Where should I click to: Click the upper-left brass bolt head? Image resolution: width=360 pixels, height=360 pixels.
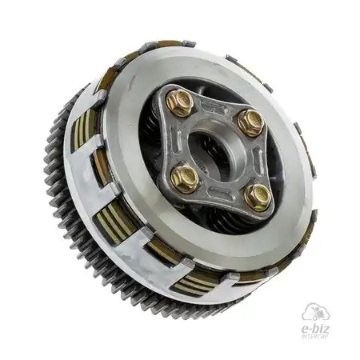(180, 102)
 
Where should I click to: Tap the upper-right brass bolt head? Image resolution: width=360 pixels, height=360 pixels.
(250, 122)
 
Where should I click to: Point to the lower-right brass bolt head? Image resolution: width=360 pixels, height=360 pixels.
(258, 197)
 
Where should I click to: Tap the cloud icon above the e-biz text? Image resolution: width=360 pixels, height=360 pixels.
(316, 313)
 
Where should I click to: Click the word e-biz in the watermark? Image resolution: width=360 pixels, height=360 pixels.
(315, 329)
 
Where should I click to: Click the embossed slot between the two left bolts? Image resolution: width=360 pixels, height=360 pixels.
(176, 141)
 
